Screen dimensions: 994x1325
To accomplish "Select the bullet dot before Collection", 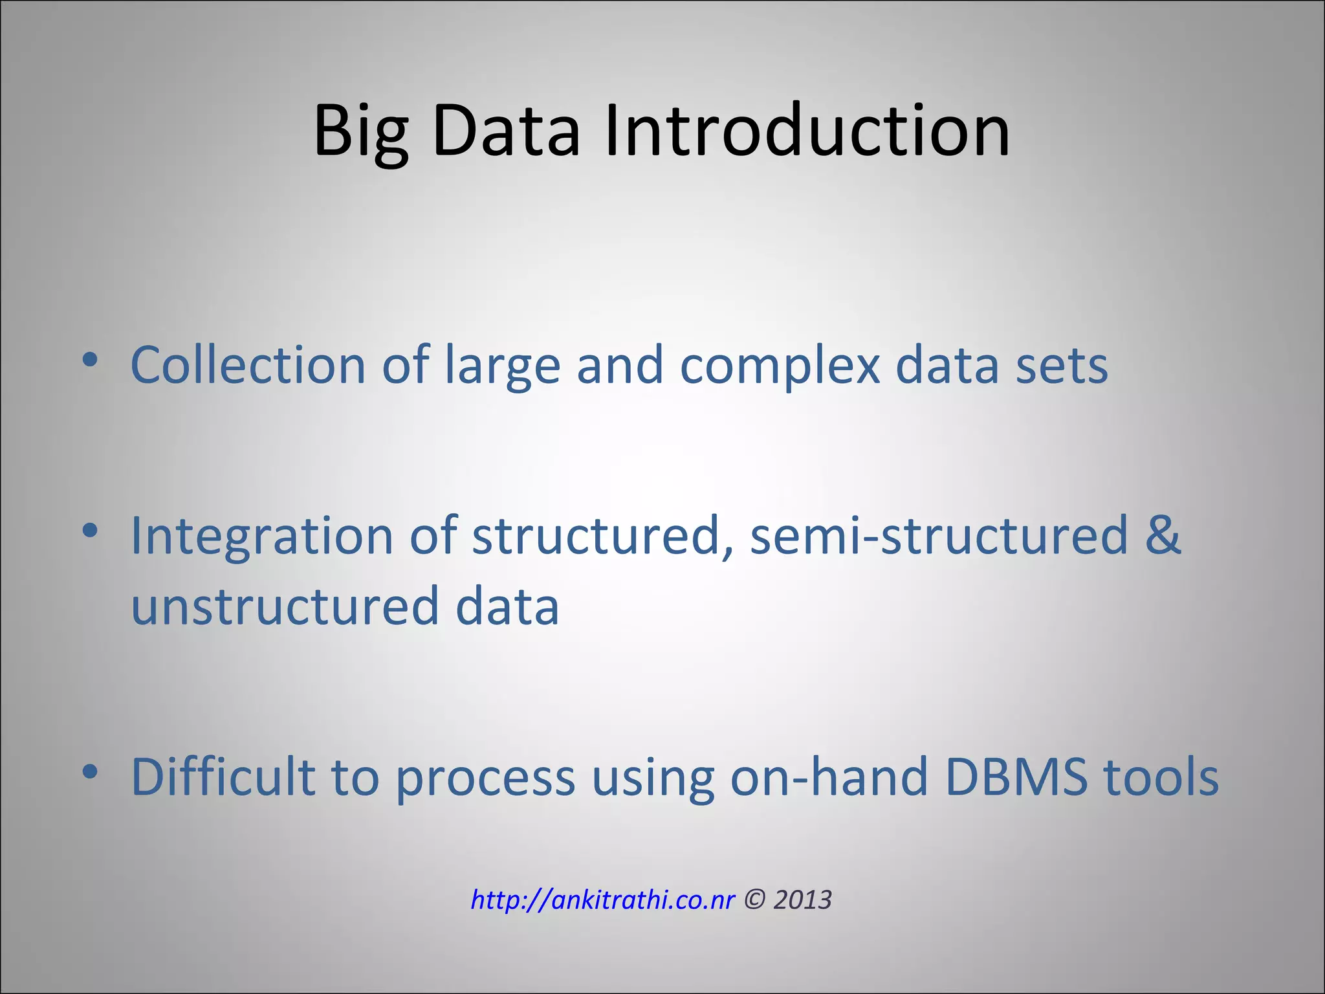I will (90, 360).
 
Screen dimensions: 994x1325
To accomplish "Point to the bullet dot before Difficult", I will (90, 771).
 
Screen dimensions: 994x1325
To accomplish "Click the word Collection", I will (248, 365).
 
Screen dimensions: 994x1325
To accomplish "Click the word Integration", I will (261, 537).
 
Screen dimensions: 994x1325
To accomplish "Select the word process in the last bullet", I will (485, 779).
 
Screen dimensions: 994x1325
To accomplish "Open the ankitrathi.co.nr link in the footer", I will (602, 900).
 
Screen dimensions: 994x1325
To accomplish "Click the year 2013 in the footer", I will (802, 900).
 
